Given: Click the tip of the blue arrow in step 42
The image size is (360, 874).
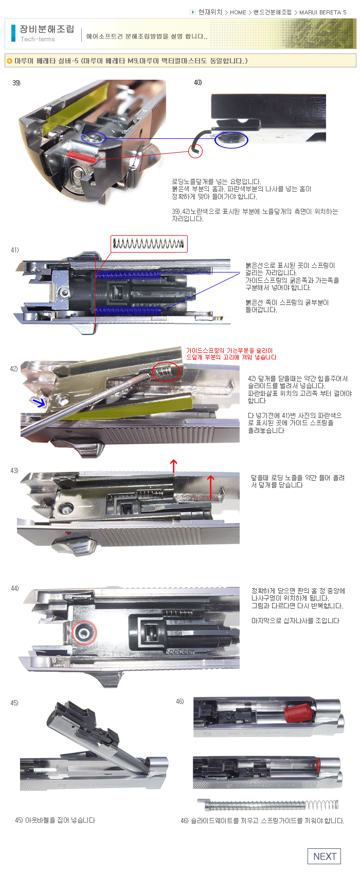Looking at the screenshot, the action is [x=45, y=405].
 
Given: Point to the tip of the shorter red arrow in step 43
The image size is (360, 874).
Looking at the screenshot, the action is [x=210, y=476].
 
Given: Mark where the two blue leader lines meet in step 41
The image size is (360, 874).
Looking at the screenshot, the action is [x=240, y=273].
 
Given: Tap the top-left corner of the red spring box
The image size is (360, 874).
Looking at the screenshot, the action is [x=111, y=235].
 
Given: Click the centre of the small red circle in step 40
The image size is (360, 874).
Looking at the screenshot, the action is [x=195, y=151].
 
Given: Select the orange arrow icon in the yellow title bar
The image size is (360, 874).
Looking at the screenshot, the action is [x=9, y=61].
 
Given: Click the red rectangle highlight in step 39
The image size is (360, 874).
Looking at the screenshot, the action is [x=82, y=156].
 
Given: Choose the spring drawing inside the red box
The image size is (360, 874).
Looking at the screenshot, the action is [x=149, y=244].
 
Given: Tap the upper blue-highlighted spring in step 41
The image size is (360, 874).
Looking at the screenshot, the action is [x=128, y=275].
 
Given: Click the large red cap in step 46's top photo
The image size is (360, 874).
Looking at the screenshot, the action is [x=298, y=713].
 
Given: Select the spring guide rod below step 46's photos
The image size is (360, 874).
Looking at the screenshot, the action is [x=268, y=804].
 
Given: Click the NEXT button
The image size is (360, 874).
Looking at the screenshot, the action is [x=324, y=856].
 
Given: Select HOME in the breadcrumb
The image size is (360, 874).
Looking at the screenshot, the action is [x=238, y=12].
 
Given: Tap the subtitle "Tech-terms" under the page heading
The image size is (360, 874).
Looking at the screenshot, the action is [x=38, y=39].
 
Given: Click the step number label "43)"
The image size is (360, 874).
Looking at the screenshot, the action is [x=14, y=470].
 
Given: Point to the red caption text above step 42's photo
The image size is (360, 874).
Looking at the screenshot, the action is [x=231, y=354].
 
